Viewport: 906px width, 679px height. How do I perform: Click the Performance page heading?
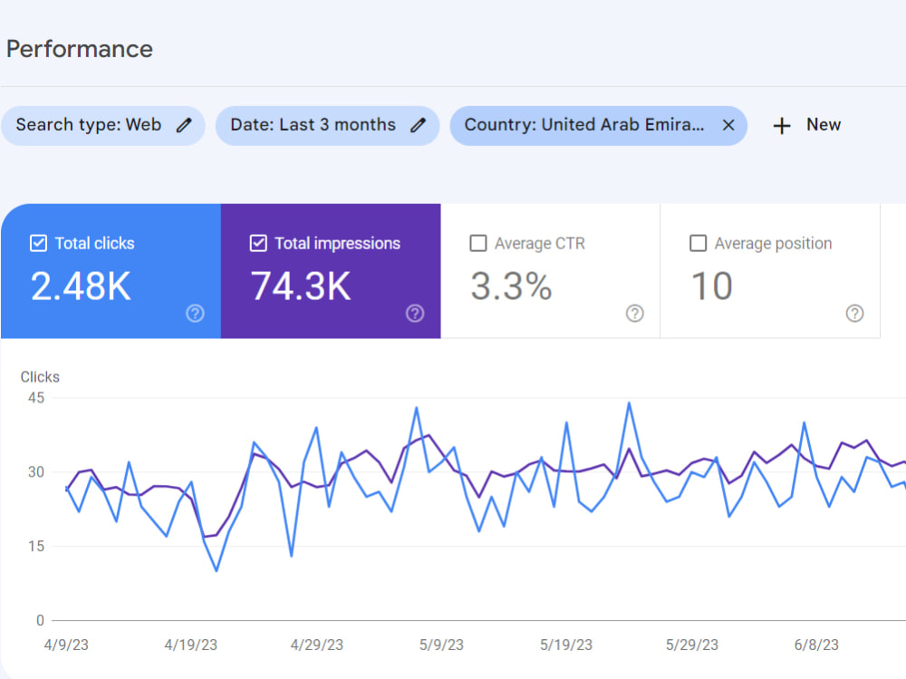(80, 49)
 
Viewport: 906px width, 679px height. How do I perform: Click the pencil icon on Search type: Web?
(184, 125)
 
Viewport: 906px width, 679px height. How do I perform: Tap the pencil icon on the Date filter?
(419, 125)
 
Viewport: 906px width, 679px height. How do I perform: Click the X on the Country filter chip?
(728, 125)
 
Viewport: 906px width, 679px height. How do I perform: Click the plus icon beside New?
(782, 125)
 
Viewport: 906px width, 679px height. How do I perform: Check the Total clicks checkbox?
(38, 243)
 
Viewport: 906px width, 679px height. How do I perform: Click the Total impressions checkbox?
(258, 243)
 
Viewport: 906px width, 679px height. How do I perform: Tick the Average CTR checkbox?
(478, 243)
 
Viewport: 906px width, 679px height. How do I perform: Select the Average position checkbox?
(698, 243)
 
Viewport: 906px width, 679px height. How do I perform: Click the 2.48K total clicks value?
(81, 286)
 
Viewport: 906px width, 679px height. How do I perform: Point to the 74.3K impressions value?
(301, 286)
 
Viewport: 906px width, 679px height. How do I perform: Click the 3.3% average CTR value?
(511, 286)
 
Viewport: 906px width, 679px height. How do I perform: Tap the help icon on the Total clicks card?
(196, 314)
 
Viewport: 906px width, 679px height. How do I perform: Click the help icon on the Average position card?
(854, 314)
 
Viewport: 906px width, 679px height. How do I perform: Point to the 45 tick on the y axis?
(36, 398)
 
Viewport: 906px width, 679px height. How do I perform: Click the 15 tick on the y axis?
(36, 546)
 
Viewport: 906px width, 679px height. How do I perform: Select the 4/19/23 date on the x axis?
(190, 645)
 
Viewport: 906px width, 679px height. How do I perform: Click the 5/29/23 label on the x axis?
(691, 645)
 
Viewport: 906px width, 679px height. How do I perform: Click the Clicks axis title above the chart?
(40, 377)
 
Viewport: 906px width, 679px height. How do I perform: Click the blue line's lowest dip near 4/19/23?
(217, 570)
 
